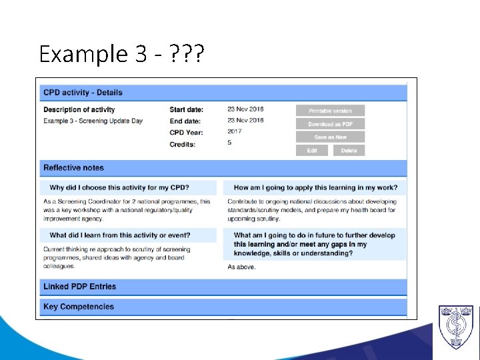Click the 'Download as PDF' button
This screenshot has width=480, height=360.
tap(331, 124)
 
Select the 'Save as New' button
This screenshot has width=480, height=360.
tap(331, 137)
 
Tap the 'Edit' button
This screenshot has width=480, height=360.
tap(312, 151)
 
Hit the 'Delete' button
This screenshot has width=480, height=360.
tap(349, 151)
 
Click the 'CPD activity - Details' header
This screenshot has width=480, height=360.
tap(83, 93)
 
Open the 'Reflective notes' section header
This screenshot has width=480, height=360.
tap(73, 168)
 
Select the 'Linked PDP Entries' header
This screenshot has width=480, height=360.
tap(79, 287)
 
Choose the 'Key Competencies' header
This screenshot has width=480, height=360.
tap(79, 307)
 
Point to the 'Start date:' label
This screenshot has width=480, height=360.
tap(187, 110)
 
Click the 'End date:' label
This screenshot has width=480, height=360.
tap(185, 121)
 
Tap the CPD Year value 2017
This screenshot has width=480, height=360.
tap(235, 131)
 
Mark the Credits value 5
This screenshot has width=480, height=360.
tap(229, 143)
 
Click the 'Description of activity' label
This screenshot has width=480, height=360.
tap(79, 110)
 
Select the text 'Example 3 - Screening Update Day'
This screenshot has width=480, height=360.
tap(93, 121)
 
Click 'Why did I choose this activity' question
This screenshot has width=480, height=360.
tap(119, 188)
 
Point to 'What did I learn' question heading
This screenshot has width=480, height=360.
tap(120, 235)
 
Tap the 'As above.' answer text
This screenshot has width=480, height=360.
tap(241, 267)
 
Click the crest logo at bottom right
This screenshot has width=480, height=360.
tap(455, 327)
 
